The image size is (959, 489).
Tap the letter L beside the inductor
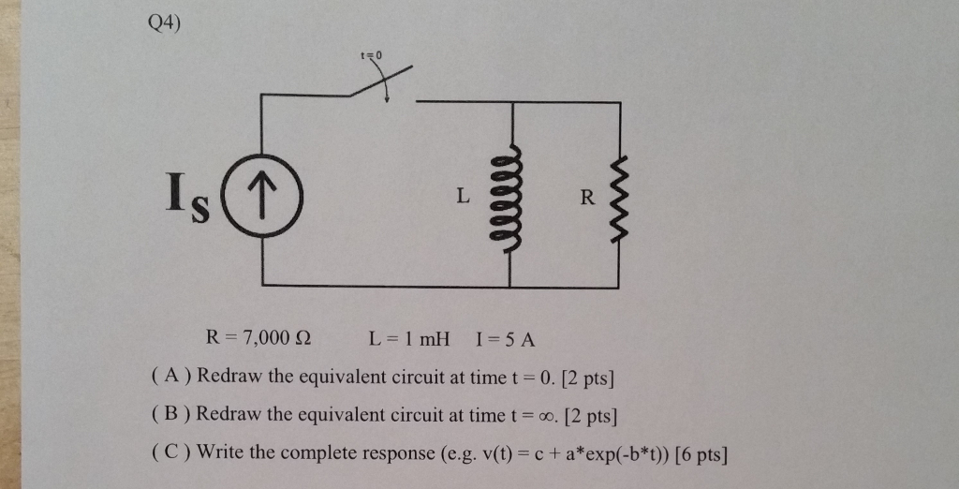[461, 197]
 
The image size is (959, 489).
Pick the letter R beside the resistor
[587, 197]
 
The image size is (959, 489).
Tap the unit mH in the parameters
[434, 338]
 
